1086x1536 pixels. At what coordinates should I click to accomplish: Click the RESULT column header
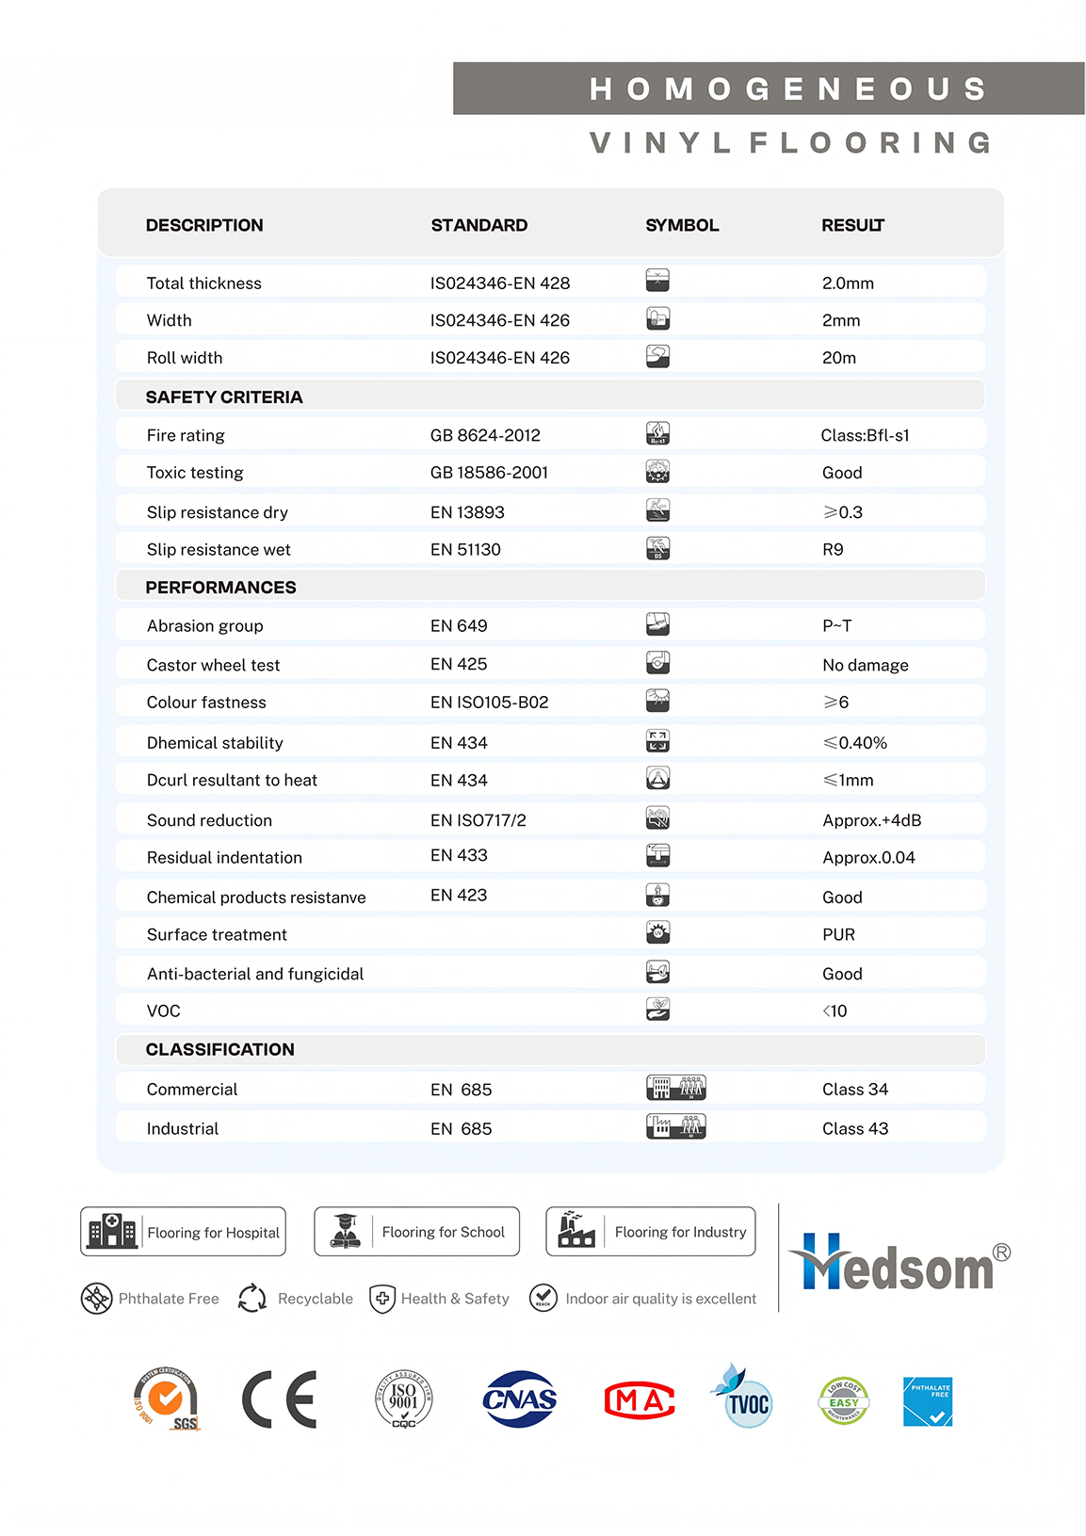click(x=852, y=225)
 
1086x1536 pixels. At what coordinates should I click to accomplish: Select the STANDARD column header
click(x=478, y=225)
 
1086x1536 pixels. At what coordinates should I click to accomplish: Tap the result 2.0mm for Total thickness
click(x=848, y=283)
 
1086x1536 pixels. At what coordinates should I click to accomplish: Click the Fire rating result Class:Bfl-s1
click(x=865, y=435)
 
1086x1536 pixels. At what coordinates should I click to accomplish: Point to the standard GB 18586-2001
click(x=489, y=473)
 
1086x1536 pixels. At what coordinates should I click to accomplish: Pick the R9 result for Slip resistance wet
click(x=833, y=550)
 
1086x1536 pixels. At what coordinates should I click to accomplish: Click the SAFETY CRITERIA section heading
click(x=224, y=397)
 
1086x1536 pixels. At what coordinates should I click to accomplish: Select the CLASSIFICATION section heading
click(x=219, y=1049)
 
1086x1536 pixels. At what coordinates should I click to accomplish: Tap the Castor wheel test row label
click(x=213, y=665)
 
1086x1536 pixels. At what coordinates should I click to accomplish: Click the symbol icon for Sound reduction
click(x=657, y=817)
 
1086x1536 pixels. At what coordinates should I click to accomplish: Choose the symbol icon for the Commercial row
click(x=675, y=1088)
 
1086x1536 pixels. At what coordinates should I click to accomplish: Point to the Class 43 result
click(x=855, y=1128)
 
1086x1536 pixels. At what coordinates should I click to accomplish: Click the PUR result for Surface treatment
click(x=838, y=934)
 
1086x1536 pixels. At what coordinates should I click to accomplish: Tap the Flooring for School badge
click(x=416, y=1232)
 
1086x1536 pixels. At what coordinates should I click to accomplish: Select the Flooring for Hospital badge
click(x=183, y=1232)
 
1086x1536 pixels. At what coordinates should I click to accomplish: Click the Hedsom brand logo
click(x=899, y=1262)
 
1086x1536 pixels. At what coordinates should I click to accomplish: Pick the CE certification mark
click(x=280, y=1399)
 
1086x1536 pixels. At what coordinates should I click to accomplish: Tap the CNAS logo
click(x=519, y=1399)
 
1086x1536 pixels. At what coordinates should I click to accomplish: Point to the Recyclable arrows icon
click(x=252, y=1299)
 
